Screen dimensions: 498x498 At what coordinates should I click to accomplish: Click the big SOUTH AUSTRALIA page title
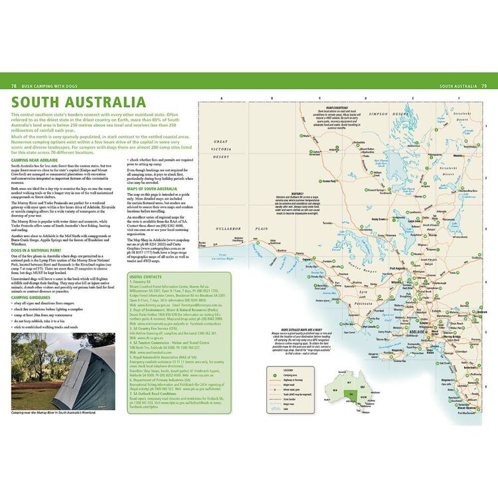coord(78,102)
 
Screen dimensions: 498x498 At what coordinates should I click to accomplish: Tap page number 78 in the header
coord(14,86)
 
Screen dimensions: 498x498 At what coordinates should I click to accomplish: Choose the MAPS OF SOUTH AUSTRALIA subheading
coord(152,189)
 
